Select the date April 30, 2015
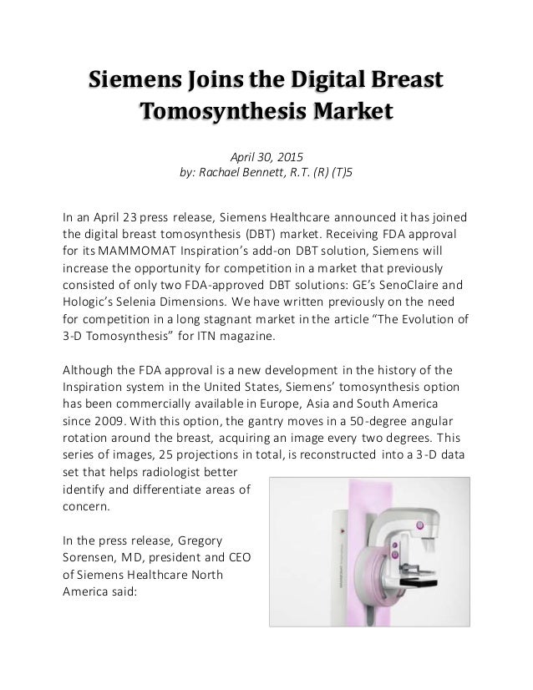266,155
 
